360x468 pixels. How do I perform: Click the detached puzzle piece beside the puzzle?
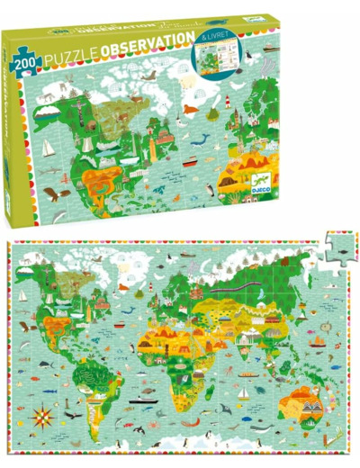(333, 247)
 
